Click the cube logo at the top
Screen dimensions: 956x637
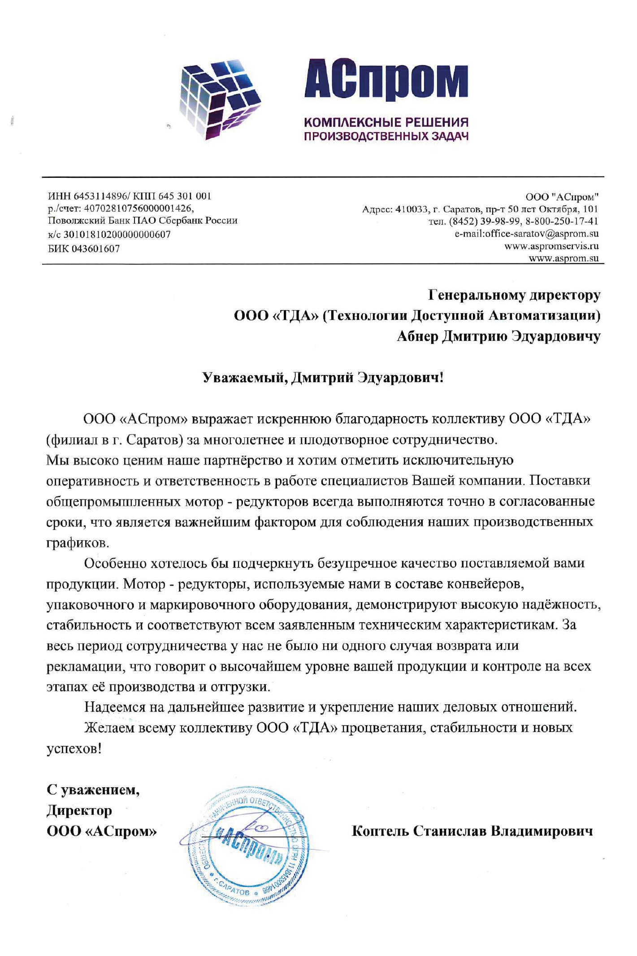[x=220, y=99]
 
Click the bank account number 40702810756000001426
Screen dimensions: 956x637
[x=139, y=208]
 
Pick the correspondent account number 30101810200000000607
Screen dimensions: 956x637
[x=117, y=235]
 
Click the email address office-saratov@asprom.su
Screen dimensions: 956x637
[x=542, y=233]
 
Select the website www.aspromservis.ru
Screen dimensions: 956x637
[x=551, y=246]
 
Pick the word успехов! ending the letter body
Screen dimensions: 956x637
[x=74, y=749]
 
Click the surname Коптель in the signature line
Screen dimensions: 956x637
[x=380, y=831]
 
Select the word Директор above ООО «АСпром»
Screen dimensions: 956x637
[x=79, y=810]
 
